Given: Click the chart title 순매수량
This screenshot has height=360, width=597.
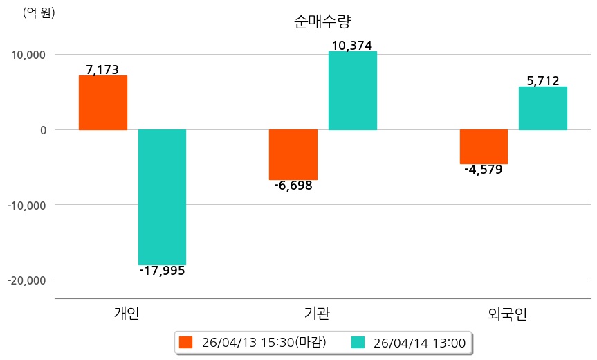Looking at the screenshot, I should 318,21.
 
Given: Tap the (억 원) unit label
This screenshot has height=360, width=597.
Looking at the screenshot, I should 38,12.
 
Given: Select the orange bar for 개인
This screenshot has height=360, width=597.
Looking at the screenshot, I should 102,102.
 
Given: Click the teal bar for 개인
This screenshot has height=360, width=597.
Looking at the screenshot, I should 162,197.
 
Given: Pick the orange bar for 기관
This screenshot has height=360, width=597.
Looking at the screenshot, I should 293,154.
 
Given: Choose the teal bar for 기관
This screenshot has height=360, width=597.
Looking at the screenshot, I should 353,91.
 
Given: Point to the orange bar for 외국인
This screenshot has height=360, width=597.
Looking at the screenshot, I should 484,147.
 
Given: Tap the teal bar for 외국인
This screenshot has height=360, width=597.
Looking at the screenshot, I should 543,108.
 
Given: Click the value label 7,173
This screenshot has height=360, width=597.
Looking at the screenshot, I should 102,70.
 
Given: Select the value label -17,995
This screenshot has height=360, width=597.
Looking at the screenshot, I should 162,271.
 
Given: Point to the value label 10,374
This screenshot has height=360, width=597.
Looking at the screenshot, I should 352,46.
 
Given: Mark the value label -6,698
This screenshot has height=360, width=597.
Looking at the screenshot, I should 293,186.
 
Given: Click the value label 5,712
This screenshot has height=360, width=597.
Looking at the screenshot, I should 543,81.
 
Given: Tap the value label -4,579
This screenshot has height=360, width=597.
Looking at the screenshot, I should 484,170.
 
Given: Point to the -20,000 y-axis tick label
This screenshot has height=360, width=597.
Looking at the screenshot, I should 26,280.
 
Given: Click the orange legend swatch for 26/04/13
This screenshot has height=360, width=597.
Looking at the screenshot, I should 185,342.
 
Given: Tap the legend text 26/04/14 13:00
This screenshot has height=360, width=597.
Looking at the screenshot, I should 419,342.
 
